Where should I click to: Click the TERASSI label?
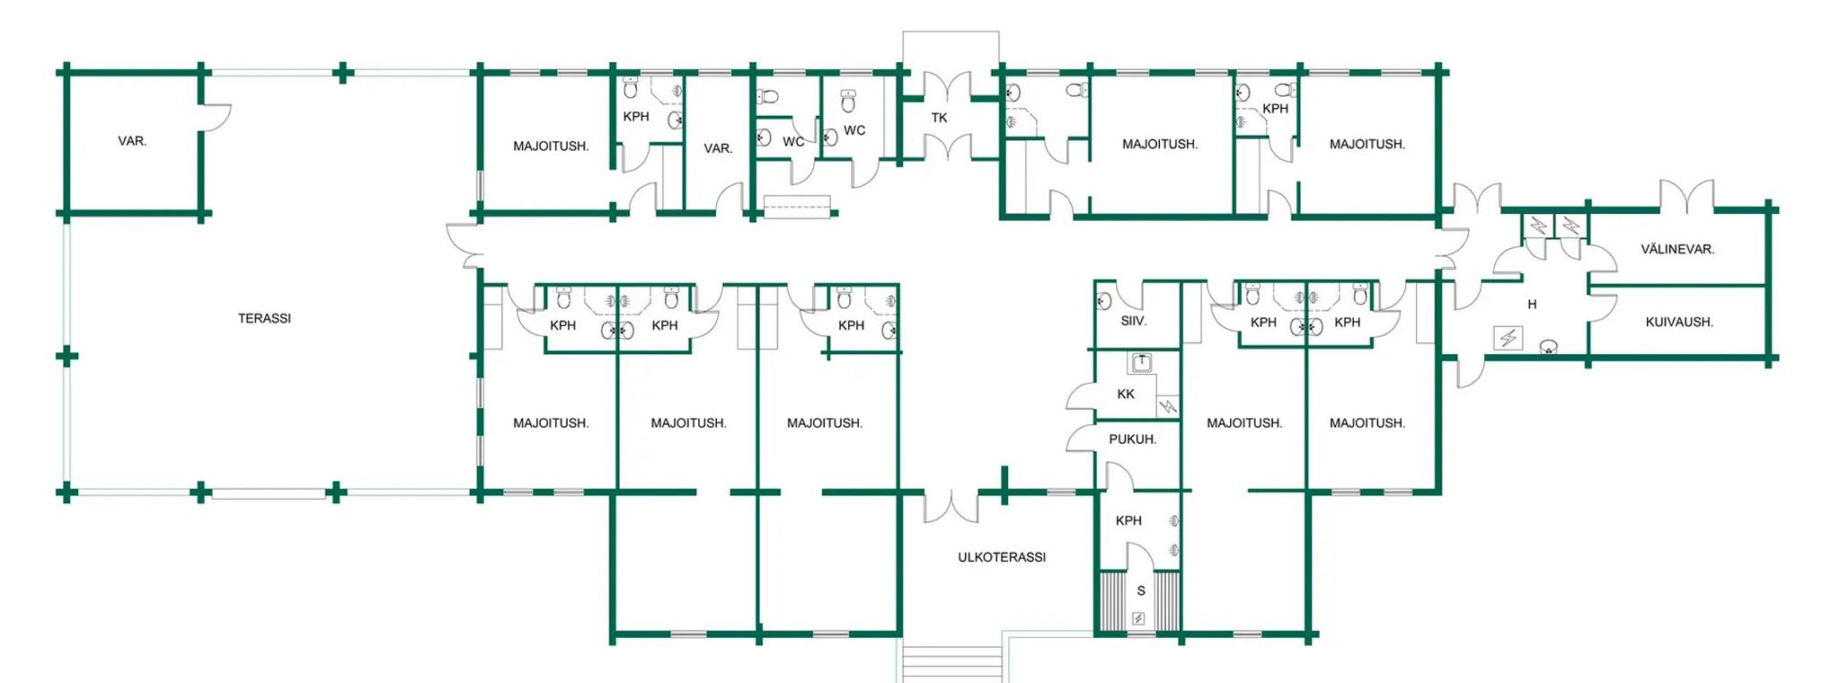(264, 318)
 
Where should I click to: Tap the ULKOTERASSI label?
(1002, 557)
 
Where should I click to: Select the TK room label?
(939, 118)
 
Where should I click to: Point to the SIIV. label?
(1134, 321)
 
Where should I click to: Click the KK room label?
(1126, 394)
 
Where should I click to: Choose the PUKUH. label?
(1132, 439)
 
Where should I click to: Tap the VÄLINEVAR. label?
(1677, 249)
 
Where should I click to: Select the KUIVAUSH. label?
(1679, 322)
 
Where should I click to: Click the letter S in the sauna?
(1141, 590)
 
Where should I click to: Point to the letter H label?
(1532, 305)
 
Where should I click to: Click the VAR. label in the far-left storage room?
(132, 141)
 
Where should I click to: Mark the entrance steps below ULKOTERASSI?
(951, 663)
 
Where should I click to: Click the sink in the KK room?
(1141, 363)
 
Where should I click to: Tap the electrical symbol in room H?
(1508, 338)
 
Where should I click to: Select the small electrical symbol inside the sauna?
(1138, 618)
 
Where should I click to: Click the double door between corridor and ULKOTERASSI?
(951, 508)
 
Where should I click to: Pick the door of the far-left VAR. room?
(217, 118)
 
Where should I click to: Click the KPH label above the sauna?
(1128, 520)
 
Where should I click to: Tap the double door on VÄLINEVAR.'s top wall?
(1686, 197)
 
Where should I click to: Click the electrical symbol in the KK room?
(1167, 406)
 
